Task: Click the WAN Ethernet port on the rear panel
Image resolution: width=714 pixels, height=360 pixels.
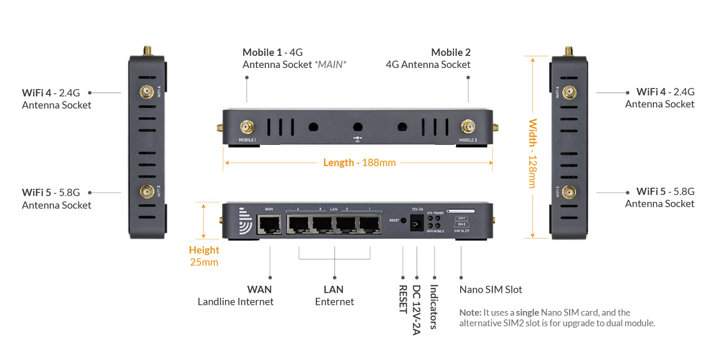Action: (269, 225)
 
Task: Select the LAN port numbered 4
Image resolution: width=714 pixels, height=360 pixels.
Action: (299, 225)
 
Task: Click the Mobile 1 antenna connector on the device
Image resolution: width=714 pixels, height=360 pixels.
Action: (246, 127)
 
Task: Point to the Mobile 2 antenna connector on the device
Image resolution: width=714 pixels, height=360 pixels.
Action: (468, 127)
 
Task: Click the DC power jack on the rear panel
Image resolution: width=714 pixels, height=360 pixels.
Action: (417, 224)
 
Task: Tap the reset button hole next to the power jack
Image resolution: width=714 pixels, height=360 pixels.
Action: (403, 221)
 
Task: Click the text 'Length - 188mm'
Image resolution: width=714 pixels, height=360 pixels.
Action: (359, 163)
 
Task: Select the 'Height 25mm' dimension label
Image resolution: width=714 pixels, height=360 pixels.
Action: (204, 256)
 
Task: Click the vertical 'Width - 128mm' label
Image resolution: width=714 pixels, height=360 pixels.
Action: (532, 153)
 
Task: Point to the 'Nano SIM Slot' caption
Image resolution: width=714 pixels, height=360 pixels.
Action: (490, 289)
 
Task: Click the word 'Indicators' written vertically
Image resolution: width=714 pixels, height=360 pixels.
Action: (434, 307)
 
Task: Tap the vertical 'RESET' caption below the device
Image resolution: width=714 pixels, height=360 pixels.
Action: (403, 299)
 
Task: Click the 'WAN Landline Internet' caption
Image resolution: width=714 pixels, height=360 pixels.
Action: (236, 296)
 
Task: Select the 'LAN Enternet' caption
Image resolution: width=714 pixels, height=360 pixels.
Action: (334, 296)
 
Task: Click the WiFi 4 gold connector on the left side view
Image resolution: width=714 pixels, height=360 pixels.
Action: (145, 93)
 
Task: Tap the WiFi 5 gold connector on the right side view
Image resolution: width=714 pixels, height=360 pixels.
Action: (568, 193)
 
